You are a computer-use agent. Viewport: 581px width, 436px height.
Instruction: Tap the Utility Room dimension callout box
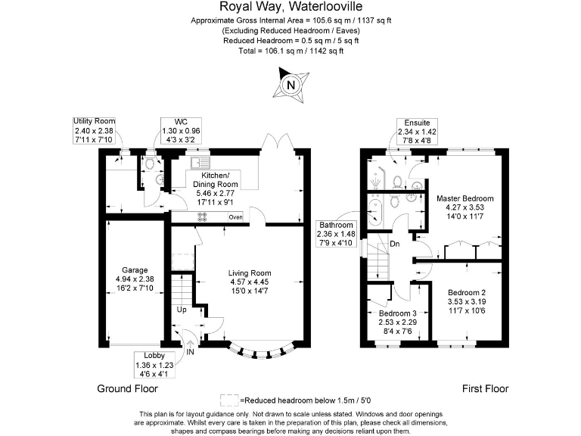(x=94, y=130)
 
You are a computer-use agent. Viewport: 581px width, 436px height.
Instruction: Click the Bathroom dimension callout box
(x=335, y=235)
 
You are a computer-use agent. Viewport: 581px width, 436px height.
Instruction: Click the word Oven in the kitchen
(x=235, y=217)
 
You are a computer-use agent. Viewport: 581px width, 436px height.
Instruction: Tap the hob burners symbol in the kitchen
(x=203, y=217)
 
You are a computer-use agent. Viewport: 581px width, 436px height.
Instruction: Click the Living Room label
(x=250, y=282)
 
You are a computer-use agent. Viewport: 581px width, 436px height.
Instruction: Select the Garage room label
(x=135, y=279)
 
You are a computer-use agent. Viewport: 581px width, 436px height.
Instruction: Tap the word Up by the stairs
(x=182, y=310)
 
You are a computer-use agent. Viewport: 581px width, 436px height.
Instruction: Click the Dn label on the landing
(x=395, y=244)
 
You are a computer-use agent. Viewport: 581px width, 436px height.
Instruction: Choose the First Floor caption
(x=485, y=389)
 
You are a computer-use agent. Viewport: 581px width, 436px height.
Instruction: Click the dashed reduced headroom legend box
(x=228, y=400)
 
